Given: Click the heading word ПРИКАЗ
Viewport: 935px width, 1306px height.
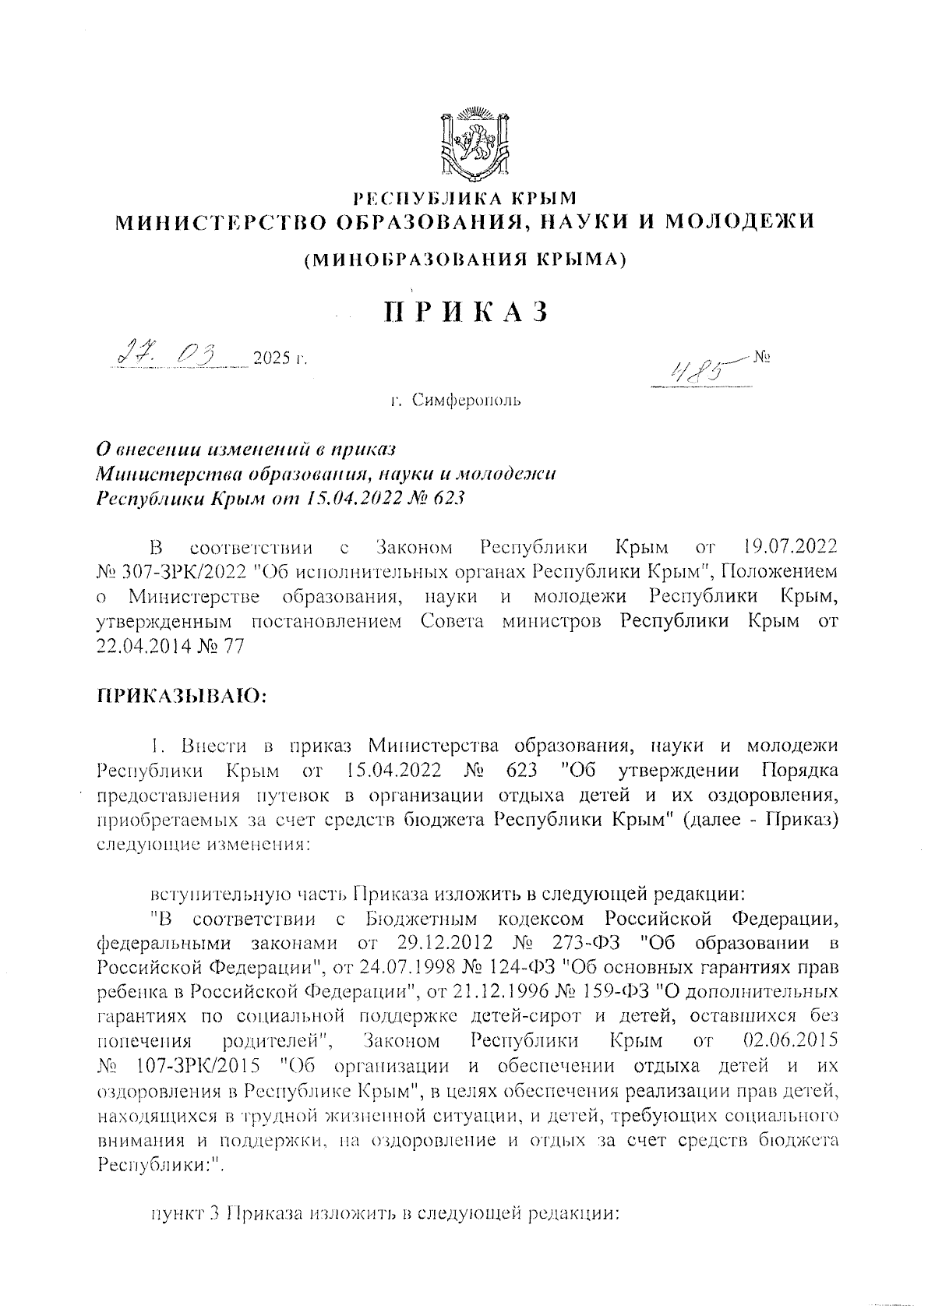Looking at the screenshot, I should click(x=467, y=311).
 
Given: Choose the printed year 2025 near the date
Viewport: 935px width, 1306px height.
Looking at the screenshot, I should click(x=270, y=359).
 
